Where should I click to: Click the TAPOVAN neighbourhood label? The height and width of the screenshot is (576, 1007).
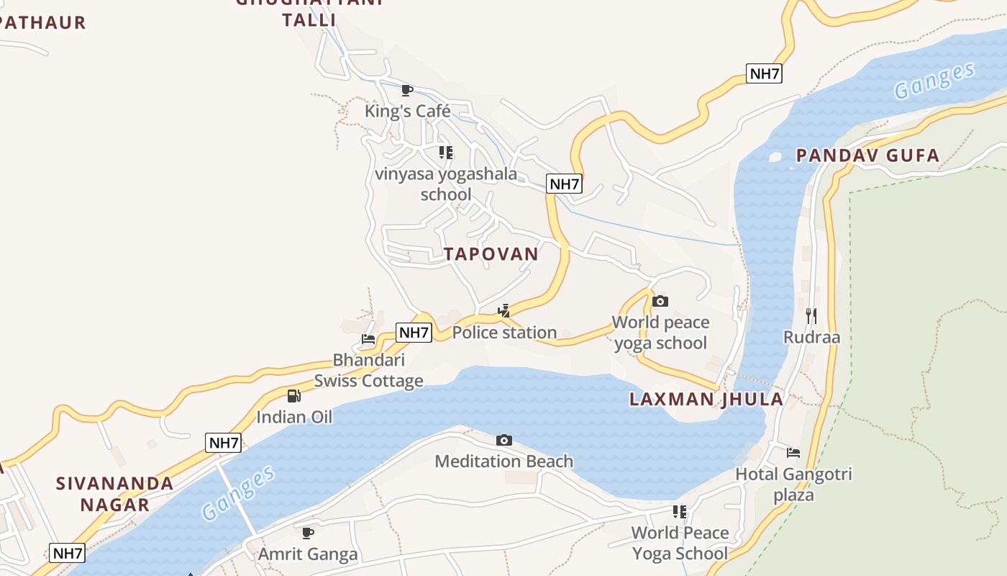coord(491,254)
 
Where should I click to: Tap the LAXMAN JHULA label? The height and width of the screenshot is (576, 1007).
coord(706,400)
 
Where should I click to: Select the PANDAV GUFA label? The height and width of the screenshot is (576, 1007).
coord(867,156)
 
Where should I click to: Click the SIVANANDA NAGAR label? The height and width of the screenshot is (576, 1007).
coord(115,494)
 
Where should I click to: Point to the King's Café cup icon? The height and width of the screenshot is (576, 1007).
coord(406,90)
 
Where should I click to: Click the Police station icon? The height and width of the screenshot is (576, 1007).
coord(504,311)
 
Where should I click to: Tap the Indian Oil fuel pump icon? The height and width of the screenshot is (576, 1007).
coord(293,396)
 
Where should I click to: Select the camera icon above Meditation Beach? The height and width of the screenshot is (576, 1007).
coord(504,440)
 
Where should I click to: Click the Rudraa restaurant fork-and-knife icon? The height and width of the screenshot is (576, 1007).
coord(811,315)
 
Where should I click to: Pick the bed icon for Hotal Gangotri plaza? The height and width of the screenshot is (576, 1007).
coord(793,453)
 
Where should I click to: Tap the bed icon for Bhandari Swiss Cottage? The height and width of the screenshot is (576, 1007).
coord(368,338)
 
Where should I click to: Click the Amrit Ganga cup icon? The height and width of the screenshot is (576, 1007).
coord(308,533)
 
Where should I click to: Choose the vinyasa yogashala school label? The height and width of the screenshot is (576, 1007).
coord(446,184)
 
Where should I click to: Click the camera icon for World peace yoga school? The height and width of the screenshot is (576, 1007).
coord(660,301)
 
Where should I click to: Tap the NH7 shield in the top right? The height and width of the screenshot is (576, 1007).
coord(764,73)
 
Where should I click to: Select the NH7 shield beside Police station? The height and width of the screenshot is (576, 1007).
coord(414,333)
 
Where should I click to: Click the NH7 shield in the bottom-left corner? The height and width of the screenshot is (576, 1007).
coord(68,553)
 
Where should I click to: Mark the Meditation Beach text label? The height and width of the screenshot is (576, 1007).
coord(503,461)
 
